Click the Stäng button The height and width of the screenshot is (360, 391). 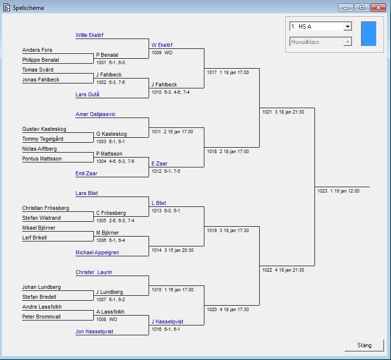pos(364,345)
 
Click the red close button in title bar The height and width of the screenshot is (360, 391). pos(378,7)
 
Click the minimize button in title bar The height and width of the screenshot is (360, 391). pos(346,7)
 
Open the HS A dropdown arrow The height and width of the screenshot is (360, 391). pos(348,27)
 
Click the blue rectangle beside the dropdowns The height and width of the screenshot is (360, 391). pos(368,34)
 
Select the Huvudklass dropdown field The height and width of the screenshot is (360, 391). pos(321,42)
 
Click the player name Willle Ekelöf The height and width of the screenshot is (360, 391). pos(89,35)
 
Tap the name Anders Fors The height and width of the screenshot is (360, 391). pos(37,50)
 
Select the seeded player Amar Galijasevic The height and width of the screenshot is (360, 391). pos(96,114)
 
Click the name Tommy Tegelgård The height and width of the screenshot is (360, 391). pos(42,139)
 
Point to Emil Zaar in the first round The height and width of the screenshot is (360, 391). pos(86,173)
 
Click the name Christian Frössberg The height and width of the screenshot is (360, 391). pos(45,208)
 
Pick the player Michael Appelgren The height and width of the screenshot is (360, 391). pos(97,252)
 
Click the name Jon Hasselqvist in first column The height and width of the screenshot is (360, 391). pos(94,331)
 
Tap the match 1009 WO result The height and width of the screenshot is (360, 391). pos(162,52)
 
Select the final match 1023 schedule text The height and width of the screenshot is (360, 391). pos(338,191)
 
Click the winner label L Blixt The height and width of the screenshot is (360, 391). pos(159,203)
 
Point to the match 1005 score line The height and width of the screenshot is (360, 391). pos(115,220)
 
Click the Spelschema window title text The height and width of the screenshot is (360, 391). pos(28,8)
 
